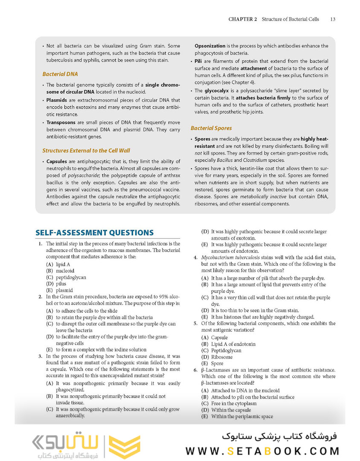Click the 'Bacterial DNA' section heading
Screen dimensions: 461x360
[x=60, y=74]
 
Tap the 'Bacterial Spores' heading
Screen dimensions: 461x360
[x=211, y=128]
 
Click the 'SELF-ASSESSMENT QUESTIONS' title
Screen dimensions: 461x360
[x=94, y=233]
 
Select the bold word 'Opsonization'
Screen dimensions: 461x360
[x=210, y=46]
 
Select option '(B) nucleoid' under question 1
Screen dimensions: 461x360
[x=60, y=271]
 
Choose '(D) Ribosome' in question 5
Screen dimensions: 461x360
[x=217, y=357]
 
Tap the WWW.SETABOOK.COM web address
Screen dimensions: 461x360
[x=262, y=451]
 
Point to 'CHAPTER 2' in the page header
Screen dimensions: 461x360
[x=242, y=19]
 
